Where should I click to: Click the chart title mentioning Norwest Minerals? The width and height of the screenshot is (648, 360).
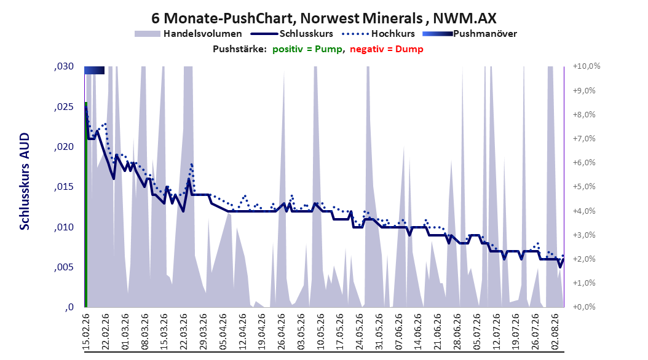click(x=323, y=18)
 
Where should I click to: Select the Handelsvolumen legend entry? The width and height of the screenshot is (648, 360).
click(x=189, y=34)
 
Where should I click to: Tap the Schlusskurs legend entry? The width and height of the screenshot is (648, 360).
click(x=292, y=34)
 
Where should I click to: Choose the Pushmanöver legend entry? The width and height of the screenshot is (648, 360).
click(x=470, y=34)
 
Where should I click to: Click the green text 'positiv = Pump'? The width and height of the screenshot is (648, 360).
click(x=307, y=49)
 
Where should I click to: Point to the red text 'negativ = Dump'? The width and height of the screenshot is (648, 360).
click(x=387, y=49)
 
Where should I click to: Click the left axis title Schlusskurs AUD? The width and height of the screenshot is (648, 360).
click(x=25, y=181)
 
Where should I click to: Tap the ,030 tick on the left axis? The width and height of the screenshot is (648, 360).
click(x=64, y=66)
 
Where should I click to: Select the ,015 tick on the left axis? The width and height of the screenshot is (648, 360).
click(x=64, y=187)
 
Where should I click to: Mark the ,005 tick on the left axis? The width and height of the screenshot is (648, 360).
click(x=64, y=267)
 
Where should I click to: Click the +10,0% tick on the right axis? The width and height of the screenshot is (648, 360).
click(x=587, y=66)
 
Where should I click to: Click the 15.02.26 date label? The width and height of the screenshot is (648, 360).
click(x=86, y=332)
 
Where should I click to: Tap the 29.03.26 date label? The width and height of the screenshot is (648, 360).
click(x=203, y=332)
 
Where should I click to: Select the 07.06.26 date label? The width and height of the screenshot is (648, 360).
click(x=398, y=332)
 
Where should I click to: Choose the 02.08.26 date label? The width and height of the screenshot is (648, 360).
click(x=555, y=332)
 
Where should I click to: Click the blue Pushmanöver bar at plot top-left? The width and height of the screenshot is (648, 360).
click(x=94, y=71)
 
